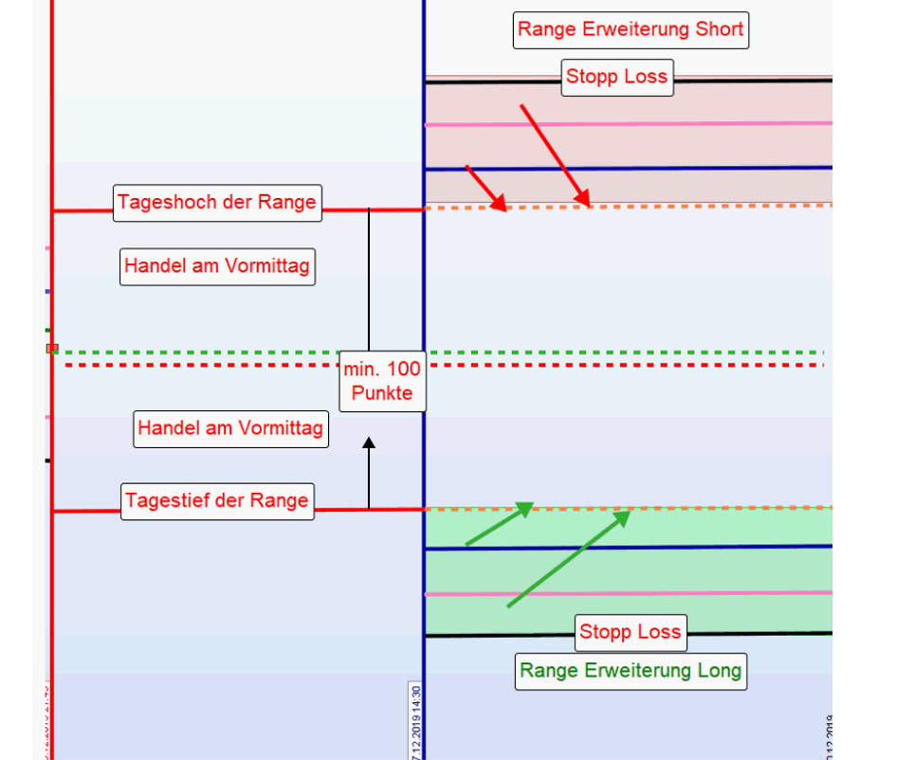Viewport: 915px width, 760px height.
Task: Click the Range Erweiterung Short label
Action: coord(631,29)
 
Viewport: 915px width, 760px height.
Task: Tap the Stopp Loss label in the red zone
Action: coord(617,77)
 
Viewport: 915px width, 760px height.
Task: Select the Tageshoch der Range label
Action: coord(217,202)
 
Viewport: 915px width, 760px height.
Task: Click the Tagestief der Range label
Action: coord(217,500)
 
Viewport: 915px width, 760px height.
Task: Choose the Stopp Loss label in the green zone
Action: coord(631,632)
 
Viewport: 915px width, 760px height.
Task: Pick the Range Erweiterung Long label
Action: coord(631,671)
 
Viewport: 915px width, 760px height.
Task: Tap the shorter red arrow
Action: coord(486,188)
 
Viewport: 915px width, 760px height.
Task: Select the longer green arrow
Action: coord(569,558)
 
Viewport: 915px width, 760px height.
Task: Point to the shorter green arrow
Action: coord(499,524)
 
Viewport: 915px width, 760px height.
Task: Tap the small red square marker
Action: coord(52,349)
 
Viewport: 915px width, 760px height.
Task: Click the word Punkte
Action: coord(382,393)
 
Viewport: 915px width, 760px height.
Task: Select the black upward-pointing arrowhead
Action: coord(369,442)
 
